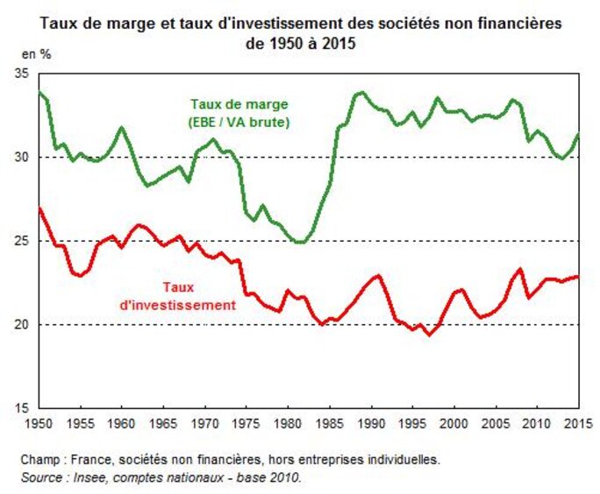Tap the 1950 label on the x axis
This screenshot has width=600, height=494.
(39, 425)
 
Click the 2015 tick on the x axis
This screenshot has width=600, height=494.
(577, 425)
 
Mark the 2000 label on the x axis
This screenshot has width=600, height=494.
(454, 425)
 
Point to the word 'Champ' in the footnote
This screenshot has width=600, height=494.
(39, 459)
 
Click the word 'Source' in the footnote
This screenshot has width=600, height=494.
(40, 476)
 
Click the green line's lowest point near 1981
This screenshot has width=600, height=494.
(299, 243)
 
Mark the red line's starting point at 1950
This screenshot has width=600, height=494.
(39, 208)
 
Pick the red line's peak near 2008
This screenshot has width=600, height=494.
(520, 269)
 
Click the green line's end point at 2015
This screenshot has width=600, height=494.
(578, 134)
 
